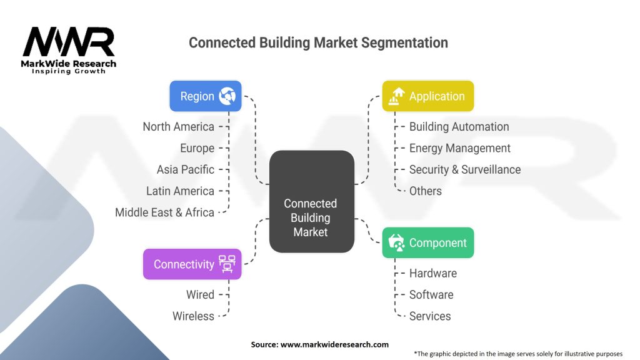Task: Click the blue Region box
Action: [x=206, y=96]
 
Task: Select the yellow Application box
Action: [x=427, y=96]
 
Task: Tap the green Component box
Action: [x=427, y=243]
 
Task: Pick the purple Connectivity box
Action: [x=192, y=264]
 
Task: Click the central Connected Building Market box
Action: [x=311, y=202]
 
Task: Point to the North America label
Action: [x=178, y=127]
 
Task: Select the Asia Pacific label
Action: [x=185, y=169]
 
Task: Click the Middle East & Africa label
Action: [x=164, y=212]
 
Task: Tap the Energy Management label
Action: [x=459, y=148]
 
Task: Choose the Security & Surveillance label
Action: [x=465, y=169]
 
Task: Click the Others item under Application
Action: [x=425, y=191]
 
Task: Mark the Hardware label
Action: [x=433, y=273]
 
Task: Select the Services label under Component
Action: [x=430, y=316]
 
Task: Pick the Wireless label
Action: [x=193, y=316]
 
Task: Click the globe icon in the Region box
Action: [x=227, y=96]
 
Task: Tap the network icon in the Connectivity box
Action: [x=227, y=264]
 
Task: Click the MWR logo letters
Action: [x=69, y=42]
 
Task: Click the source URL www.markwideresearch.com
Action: [x=334, y=344]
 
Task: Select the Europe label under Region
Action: [x=197, y=148]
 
